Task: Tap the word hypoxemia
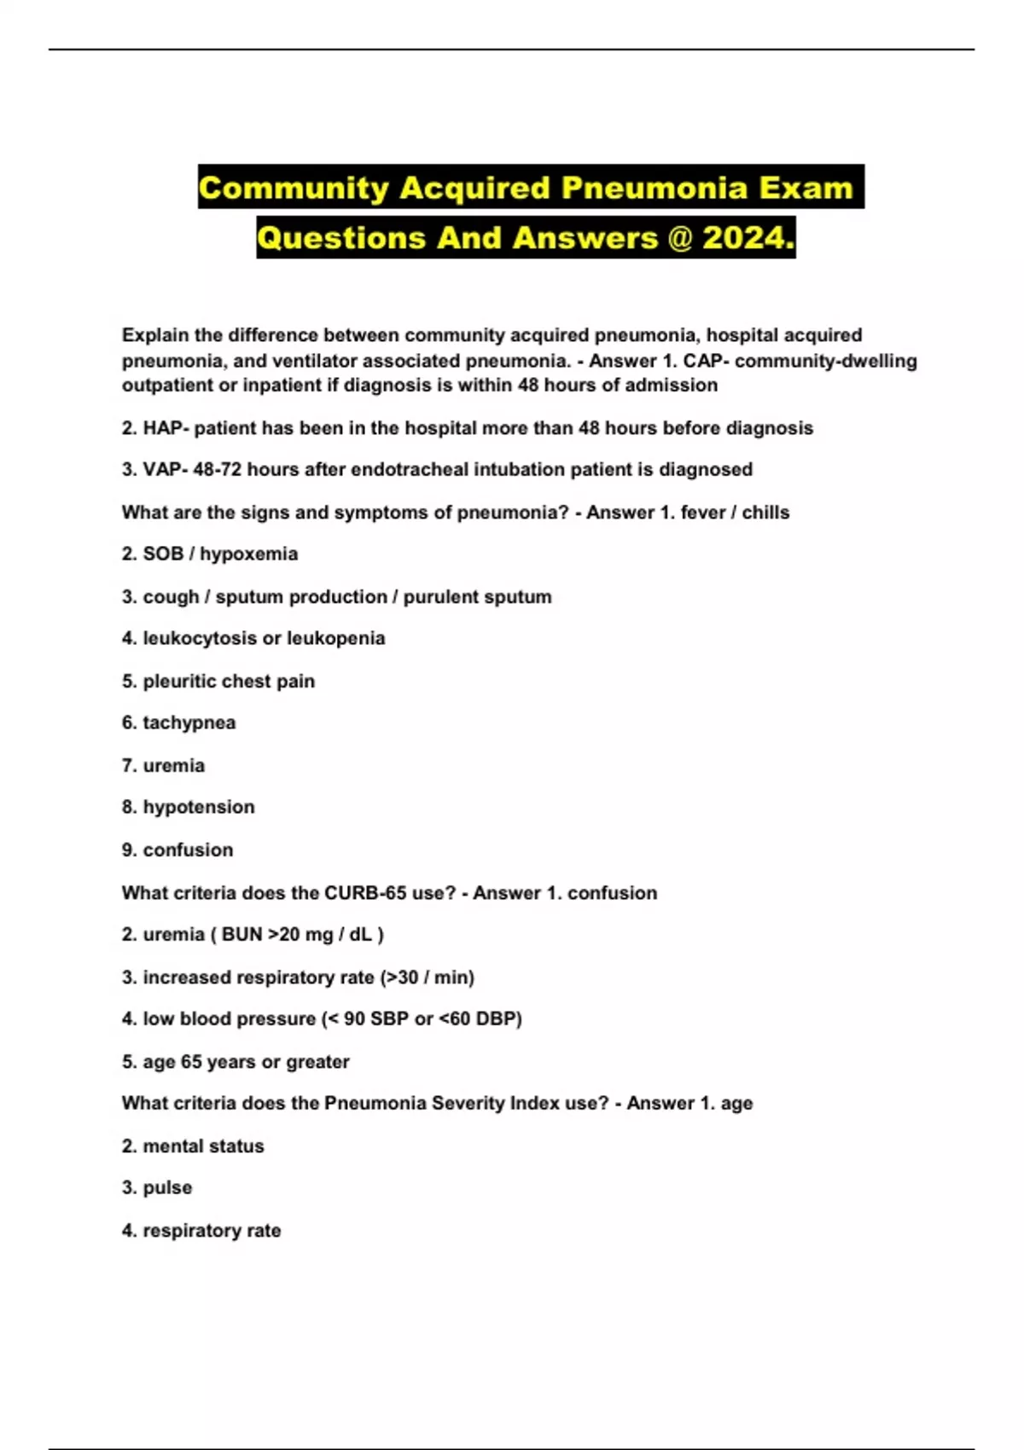[248, 554]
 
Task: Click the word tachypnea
[189, 723]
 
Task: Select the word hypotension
[198, 807]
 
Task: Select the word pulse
[167, 1188]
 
